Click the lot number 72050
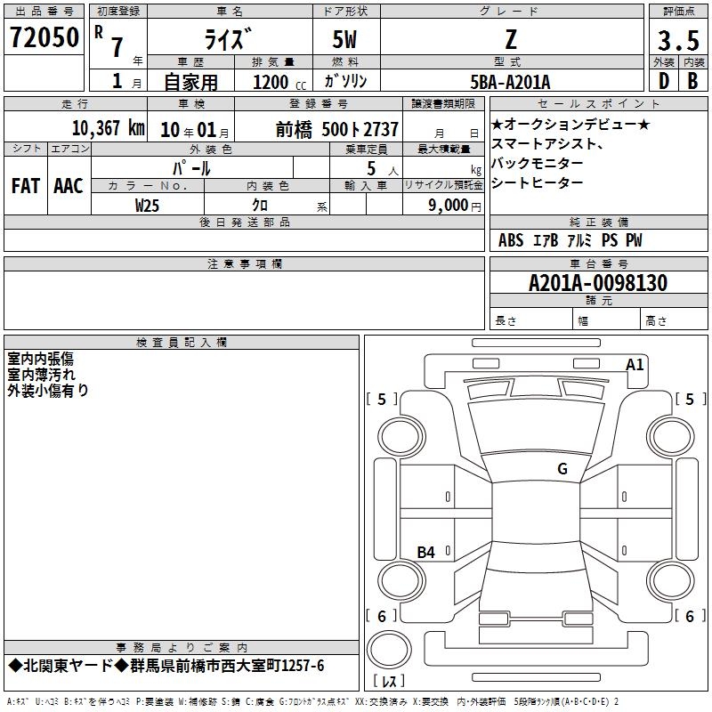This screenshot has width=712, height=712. click(44, 37)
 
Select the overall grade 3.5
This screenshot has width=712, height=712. click(678, 40)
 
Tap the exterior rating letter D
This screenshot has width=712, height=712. click(664, 81)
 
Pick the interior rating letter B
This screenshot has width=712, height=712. click(692, 81)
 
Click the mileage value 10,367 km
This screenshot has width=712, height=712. click(108, 128)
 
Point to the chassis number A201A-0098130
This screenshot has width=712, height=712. click(598, 283)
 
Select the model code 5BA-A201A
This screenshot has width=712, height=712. click(510, 82)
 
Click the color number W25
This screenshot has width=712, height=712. click(147, 206)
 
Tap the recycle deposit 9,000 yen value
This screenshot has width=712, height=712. click(454, 206)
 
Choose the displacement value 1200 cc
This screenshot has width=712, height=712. click(279, 82)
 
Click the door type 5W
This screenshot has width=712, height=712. click(344, 39)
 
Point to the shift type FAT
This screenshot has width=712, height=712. click(26, 186)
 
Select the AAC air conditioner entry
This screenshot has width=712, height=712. click(69, 186)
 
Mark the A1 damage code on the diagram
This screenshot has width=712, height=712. click(635, 365)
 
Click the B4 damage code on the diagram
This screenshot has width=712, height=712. click(425, 552)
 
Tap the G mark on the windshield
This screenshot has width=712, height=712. click(562, 469)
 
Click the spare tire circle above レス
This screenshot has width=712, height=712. click(389, 650)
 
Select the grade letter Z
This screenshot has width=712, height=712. click(511, 39)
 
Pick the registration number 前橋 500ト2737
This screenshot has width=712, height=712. click(337, 130)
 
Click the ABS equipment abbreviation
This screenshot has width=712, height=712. click(510, 240)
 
